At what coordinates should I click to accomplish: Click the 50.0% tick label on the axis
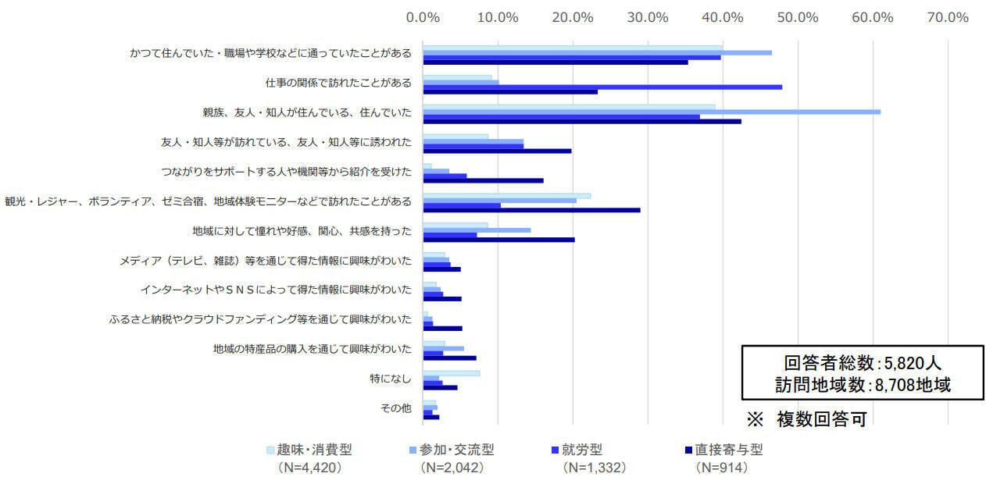pos(797,17)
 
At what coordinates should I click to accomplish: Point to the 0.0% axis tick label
pos(423,17)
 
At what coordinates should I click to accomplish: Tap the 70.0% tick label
pos(947,17)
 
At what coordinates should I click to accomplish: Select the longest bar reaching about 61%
pos(652,112)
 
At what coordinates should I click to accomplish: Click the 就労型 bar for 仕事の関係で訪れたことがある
pos(602,87)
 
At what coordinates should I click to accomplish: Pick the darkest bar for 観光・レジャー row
pos(531,210)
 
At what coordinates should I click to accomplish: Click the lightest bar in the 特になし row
pos(451,373)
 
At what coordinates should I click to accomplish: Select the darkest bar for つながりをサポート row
pos(483,180)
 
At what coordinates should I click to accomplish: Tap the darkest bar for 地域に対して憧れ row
pos(498,240)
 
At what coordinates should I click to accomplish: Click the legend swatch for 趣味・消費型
pos(270,450)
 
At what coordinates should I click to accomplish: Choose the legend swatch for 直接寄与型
pos(688,450)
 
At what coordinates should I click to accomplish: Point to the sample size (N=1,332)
pos(594,468)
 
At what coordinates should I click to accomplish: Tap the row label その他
pos(395,408)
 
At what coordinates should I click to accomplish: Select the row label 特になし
pos(391,379)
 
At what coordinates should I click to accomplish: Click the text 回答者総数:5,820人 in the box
pos(862,363)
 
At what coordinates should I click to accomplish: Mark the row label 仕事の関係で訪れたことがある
pos(338,82)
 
